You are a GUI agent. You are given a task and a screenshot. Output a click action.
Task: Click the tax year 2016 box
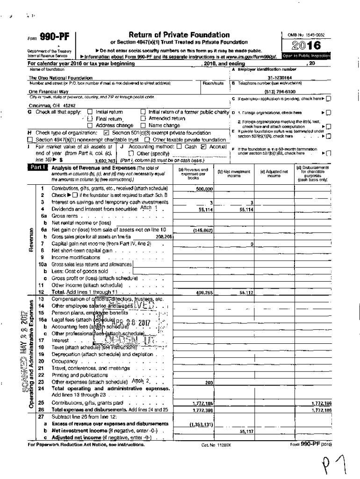point(307,45)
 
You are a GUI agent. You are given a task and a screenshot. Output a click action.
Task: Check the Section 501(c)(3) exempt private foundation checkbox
point(106,133)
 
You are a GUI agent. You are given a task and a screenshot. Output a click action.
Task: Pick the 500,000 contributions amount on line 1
point(204,189)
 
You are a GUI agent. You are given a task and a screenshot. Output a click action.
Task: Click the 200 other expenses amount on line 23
point(209,383)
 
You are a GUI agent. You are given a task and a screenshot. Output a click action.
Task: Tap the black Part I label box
point(39,167)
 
